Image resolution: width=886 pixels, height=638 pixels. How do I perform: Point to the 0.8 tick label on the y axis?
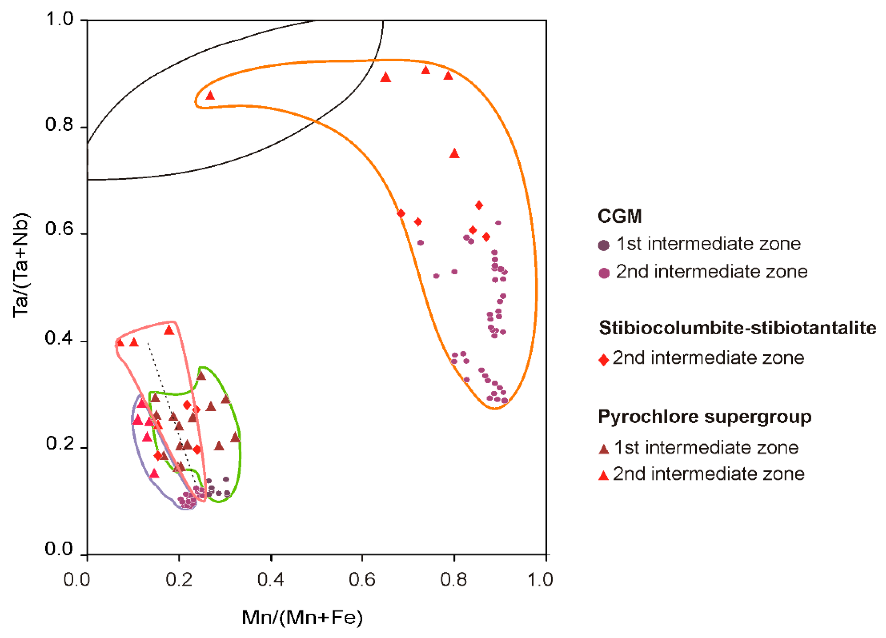click(59, 125)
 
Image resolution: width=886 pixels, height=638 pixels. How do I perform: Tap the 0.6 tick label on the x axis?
click(362, 580)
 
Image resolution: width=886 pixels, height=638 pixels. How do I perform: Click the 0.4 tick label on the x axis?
click(270, 580)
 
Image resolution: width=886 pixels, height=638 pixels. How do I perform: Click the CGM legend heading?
click(620, 216)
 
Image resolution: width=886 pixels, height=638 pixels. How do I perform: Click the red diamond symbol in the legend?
click(604, 360)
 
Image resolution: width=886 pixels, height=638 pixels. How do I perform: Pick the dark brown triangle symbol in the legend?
click(604, 449)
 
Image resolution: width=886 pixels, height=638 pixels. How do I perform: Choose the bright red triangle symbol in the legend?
click(604, 475)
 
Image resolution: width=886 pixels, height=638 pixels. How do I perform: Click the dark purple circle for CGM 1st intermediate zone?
click(604, 245)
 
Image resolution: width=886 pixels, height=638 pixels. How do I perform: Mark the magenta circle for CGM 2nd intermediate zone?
click(604, 273)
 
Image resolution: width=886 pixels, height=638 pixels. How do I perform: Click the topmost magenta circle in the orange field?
click(498, 223)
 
